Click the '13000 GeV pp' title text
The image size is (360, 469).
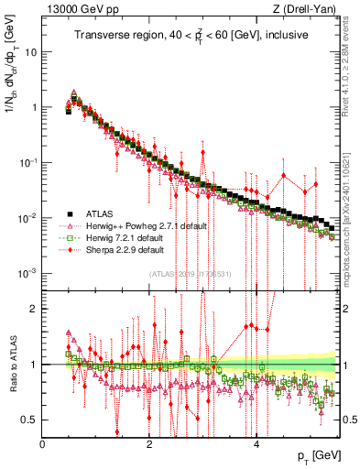80,11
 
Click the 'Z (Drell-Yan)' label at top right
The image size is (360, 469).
308,11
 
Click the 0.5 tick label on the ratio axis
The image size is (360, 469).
30,420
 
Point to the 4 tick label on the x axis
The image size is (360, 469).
256,444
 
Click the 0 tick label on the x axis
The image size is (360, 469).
43,444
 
